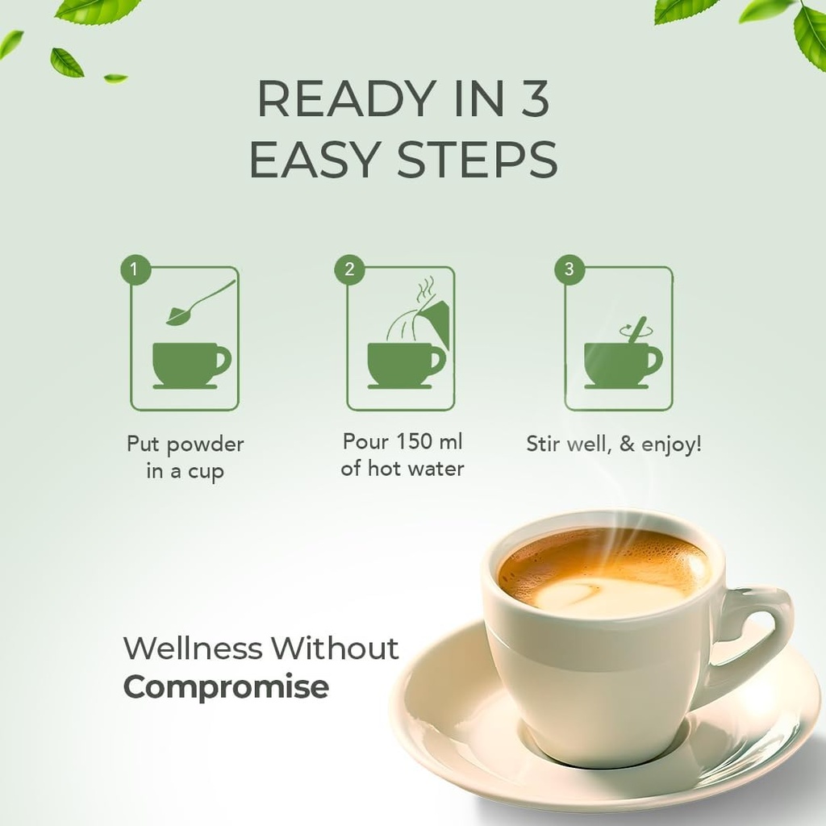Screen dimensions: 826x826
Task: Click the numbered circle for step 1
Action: [136, 269]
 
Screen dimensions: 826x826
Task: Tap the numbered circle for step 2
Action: [350, 269]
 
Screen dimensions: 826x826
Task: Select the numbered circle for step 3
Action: [569, 269]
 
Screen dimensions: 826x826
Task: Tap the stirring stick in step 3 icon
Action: [636, 330]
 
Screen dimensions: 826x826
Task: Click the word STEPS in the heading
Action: [478, 159]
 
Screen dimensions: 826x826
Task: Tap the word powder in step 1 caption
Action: [204, 445]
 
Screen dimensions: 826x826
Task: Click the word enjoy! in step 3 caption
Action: [672, 445]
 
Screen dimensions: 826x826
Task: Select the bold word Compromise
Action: [226, 688]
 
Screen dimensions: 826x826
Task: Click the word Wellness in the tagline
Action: [193, 648]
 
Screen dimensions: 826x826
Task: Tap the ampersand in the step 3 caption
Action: [627, 444]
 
